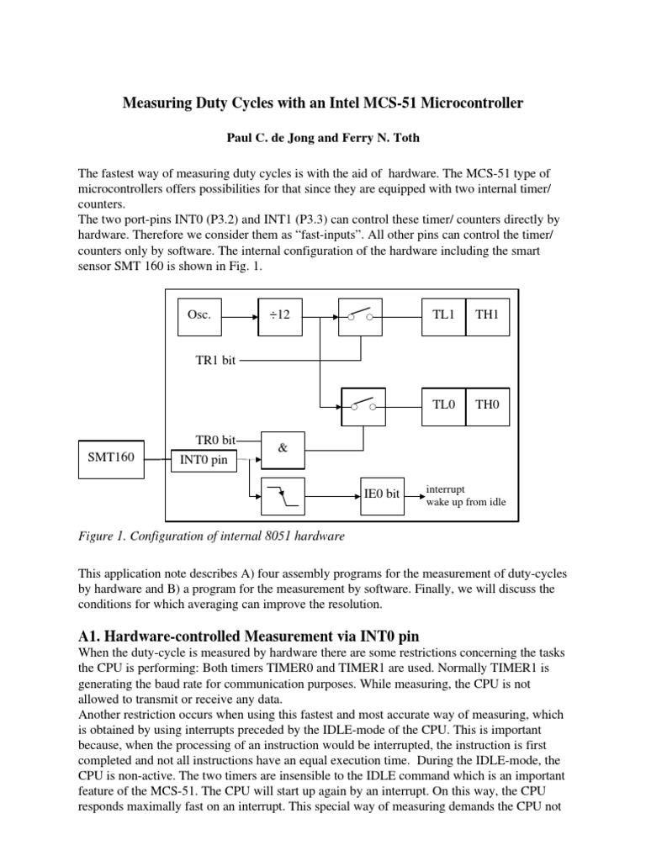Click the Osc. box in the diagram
pos(203,317)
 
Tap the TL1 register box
pos(443,317)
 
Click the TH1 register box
pos(487,317)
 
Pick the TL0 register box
pos(443,404)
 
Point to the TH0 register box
pos(487,404)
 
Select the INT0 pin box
pos(204,460)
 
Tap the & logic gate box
pos(283,449)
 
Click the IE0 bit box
pos(382,494)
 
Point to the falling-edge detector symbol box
pos(283,494)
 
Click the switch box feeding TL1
pos(362,317)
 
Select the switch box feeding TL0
pos(362,404)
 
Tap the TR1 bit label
pos(215,361)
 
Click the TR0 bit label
pos(215,440)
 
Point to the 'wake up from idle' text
pos(466,503)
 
